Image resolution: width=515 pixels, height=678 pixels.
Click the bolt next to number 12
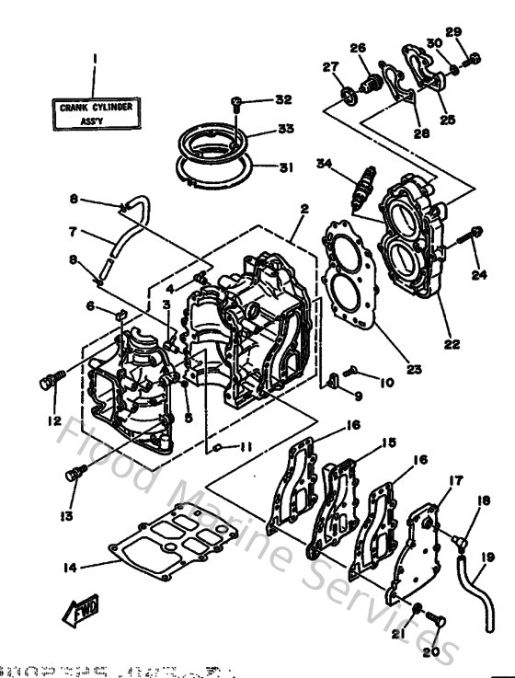pos(51,379)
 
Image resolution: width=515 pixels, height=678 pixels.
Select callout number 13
pos(65,517)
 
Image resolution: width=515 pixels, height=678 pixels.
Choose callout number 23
pos(414,370)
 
